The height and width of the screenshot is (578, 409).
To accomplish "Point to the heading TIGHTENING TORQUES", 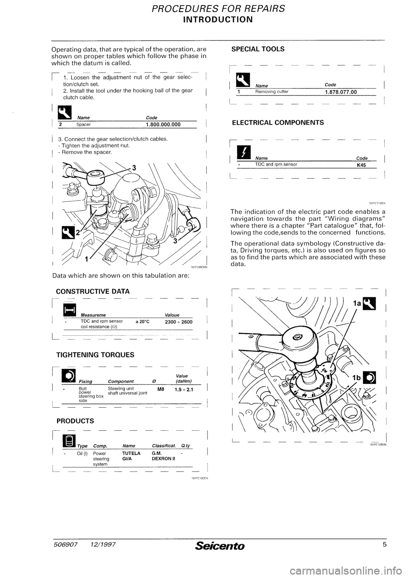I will point(95,355).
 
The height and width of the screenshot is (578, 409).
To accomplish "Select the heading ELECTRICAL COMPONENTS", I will point(277,123).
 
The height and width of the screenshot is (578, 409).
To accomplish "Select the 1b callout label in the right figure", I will point(357,377).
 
